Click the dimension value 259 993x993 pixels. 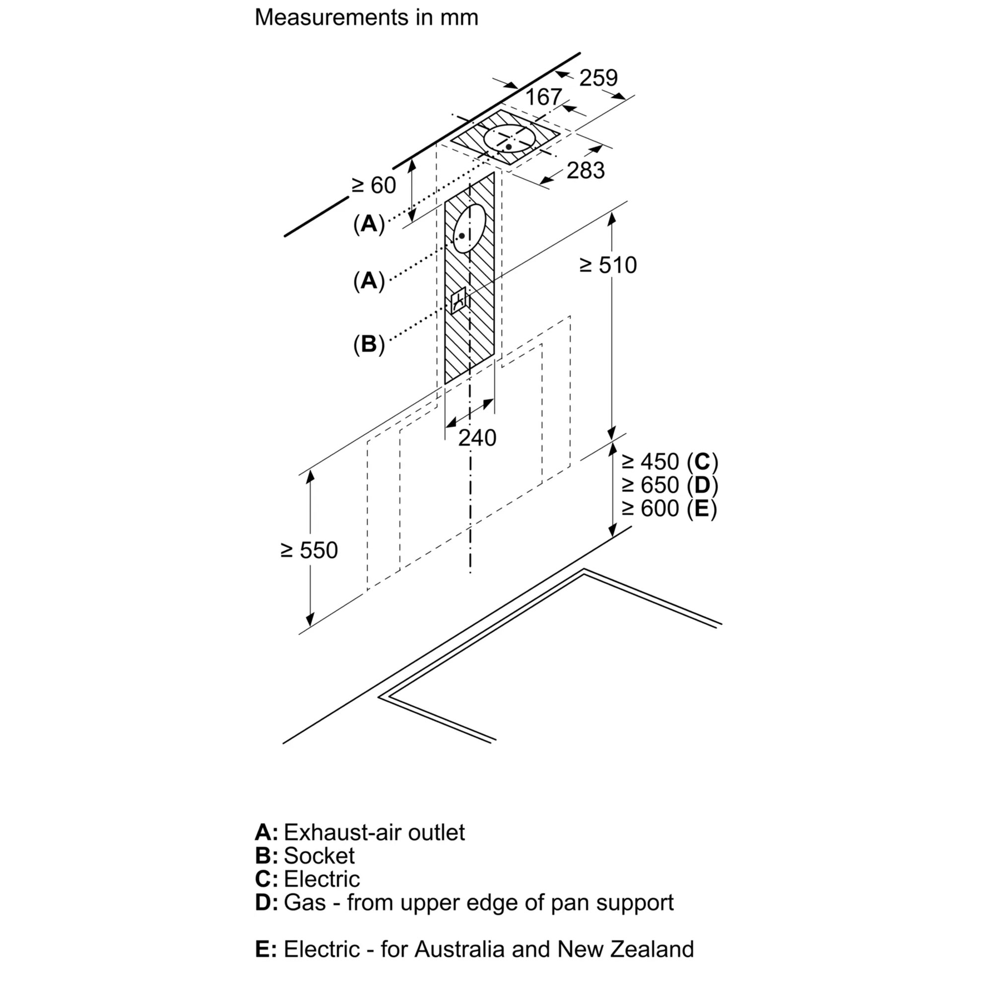pos(598,78)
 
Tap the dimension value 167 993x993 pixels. pos(544,97)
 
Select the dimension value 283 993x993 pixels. pos(586,171)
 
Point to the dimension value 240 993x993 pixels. pos(477,438)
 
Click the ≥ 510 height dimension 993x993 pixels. pos(608,265)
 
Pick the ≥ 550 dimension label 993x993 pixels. pos(309,550)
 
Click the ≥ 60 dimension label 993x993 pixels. pos(374,186)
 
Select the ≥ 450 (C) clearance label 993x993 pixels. pos(669,462)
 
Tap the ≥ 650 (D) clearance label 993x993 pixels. pos(669,485)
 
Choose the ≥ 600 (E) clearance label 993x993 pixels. pos(669,508)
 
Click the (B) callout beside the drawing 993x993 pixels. pos(369,344)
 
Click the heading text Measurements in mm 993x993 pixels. pos(366,17)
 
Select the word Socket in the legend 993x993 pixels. pos(319,856)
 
